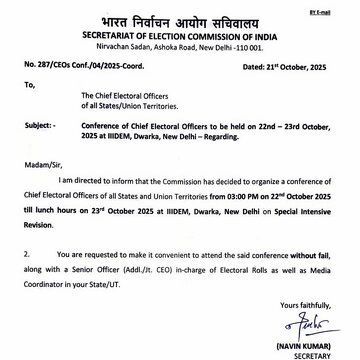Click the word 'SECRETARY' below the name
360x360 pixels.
point(311,353)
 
